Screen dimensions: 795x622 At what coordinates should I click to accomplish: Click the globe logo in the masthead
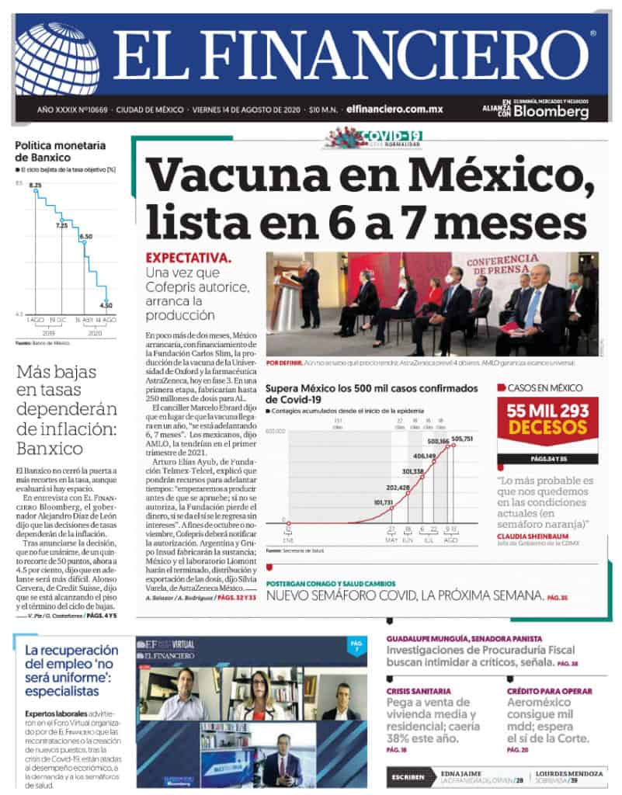coord(57,58)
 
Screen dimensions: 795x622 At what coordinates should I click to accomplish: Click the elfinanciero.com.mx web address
coord(394,109)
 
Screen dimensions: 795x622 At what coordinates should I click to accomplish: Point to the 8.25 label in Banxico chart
coord(35,185)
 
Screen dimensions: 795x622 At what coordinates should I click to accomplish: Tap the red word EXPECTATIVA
coord(189,259)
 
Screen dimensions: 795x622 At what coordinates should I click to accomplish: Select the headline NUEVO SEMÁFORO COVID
coord(404,595)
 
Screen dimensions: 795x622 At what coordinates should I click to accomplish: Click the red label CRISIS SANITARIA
coord(416,691)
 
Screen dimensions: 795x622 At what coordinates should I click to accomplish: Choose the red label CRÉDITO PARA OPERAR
coord(549,691)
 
